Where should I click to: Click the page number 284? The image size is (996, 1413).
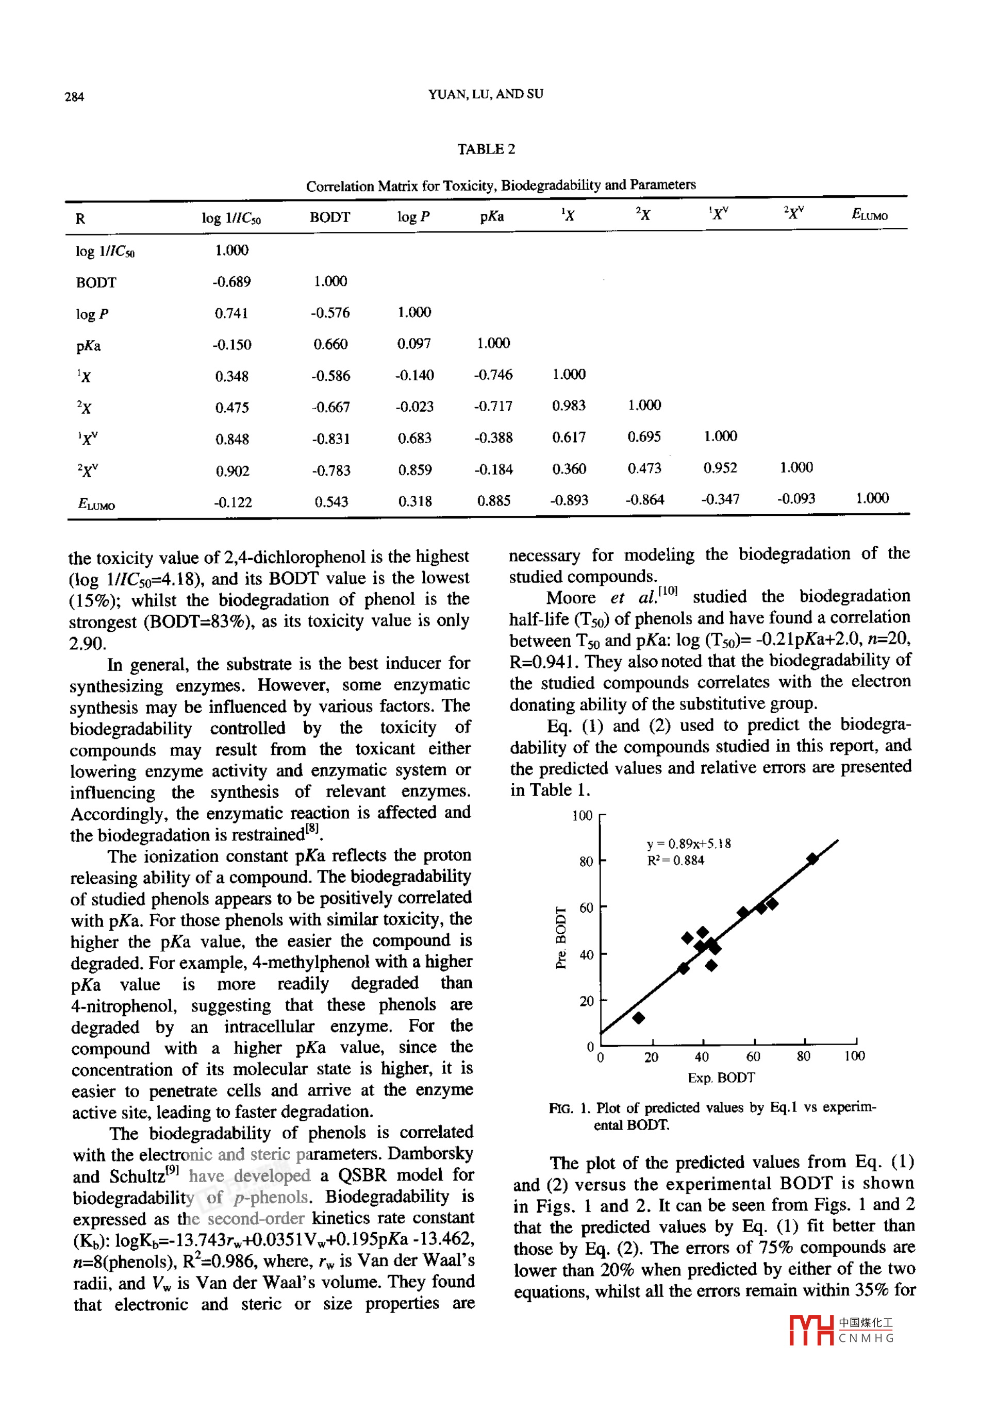click(x=74, y=96)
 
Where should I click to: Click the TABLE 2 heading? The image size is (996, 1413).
click(x=486, y=149)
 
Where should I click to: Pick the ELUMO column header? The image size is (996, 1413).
click(x=869, y=215)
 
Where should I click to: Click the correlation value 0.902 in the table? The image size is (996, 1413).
click(x=232, y=472)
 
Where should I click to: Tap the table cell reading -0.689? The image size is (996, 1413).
click(x=231, y=282)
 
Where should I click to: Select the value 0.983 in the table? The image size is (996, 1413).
click(x=569, y=406)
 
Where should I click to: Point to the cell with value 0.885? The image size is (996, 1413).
click(x=494, y=501)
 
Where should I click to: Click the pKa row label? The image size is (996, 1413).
click(x=88, y=346)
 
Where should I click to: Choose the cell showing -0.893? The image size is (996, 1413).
click(x=569, y=500)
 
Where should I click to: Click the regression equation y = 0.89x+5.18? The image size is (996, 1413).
click(x=688, y=844)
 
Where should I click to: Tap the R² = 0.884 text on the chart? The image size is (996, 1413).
click(x=675, y=861)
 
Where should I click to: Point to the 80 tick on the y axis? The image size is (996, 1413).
click(x=586, y=862)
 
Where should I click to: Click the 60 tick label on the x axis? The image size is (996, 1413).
click(x=753, y=1057)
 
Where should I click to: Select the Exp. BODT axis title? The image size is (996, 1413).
click(x=721, y=1078)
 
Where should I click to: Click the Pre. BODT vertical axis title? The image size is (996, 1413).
click(x=561, y=937)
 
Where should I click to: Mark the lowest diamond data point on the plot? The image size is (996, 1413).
click(x=638, y=1018)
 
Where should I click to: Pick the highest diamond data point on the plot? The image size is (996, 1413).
click(x=812, y=859)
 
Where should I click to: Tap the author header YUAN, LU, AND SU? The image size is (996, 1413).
click(x=486, y=94)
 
